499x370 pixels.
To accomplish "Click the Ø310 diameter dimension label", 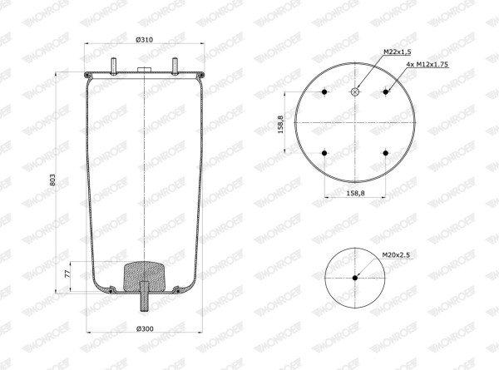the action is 145,40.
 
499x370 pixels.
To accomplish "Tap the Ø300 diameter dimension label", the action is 145,328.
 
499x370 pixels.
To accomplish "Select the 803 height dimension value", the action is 53,180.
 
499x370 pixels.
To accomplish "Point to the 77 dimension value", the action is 67,274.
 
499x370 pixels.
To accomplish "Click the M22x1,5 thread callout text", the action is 398,52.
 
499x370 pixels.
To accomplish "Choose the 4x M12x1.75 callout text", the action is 427,64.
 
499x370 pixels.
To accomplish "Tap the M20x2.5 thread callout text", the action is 396,254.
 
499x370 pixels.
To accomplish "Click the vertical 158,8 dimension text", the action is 281,125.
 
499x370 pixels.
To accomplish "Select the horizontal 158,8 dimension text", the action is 355,193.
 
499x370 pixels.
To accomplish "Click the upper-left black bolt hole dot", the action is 324,92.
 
